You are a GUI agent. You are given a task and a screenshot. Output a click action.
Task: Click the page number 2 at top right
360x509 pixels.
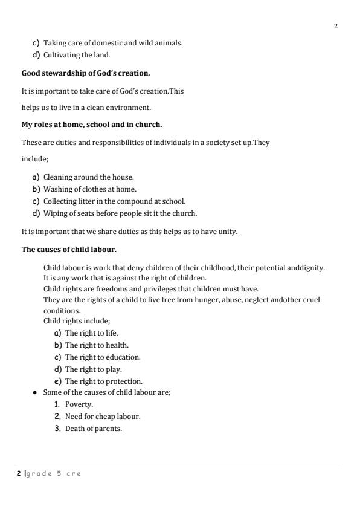click(x=335, y=27)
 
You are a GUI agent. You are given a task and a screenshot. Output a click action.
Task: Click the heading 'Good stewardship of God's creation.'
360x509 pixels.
click(x=86, y=73)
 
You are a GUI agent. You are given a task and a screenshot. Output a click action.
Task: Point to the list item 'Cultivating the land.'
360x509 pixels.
click(x=77, y=56)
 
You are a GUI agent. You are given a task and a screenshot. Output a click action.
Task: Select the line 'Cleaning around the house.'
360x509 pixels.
click(x=88, y=177)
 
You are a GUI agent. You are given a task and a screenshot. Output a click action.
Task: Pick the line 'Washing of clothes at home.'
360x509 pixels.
click(x=89, y=189)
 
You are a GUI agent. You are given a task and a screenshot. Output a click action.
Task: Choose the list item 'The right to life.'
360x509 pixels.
click(x=91, y=333)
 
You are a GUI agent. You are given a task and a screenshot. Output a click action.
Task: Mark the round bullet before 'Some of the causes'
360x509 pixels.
click(x=36, y=393)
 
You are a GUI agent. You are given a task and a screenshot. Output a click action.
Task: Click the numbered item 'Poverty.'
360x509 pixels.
click(x=79, y=404)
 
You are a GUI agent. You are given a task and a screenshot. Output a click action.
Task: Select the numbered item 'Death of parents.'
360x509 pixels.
click(x=94, y=429)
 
